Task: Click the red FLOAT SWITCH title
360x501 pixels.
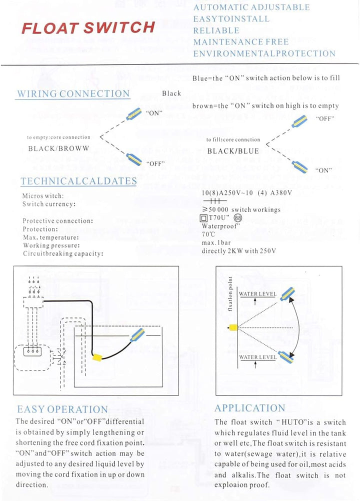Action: point(88,27)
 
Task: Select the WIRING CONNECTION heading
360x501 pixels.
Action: point(73,93)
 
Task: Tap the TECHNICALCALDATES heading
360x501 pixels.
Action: point(78,181)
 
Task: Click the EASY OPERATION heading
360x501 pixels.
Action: point(62,409)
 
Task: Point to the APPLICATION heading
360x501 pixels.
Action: point(250,408)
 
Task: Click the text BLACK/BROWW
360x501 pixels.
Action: point(58,148)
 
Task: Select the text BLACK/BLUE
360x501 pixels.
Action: point(233,151)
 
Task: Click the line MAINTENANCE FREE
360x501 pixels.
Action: point(241,42)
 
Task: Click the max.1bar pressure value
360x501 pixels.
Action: point(215,242)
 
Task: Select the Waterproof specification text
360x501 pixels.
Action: point(221,225)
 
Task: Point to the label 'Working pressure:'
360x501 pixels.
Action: point(51,245)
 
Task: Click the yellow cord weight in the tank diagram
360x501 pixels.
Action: point(97,358)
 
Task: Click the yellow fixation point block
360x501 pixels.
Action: point(232,327)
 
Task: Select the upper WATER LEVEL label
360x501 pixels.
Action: point(257,294)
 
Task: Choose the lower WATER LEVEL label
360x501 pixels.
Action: point(257,357)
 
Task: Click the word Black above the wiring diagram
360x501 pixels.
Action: point(171,93)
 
